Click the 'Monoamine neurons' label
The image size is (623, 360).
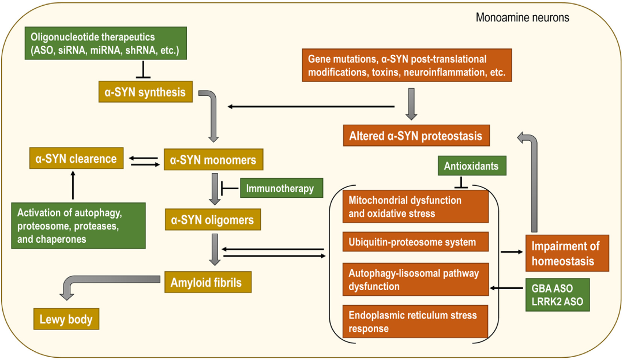tap(522, 18)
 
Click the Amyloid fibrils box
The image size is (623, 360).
tap(210, 283)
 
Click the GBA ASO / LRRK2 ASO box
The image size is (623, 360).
tap(557, 295)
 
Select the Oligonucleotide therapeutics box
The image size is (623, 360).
tap(106, 44)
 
